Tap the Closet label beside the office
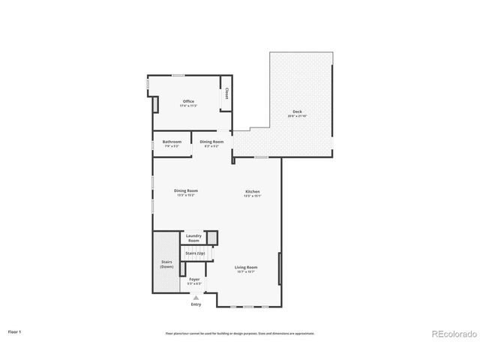coord(226,94)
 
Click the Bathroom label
coord(172,142)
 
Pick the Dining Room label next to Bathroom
coord(211,142)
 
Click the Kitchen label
coord(252,192)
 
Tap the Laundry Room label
coord(193,238)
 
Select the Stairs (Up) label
coord(195,253)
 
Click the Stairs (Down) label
coord(166,264)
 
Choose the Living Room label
coord(246,268)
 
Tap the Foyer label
coord(194,280)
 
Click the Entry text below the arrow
coord(196,304)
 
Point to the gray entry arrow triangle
coord(196,298)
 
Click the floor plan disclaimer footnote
coord(239,333)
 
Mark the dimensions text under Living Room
coord(246,272)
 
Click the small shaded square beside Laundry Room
coord(212,238)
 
